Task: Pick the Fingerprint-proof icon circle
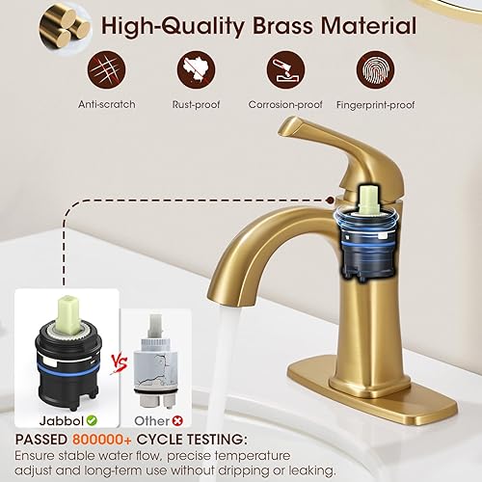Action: click(x=376, y=69)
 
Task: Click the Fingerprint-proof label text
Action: click(x=376, y=104)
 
